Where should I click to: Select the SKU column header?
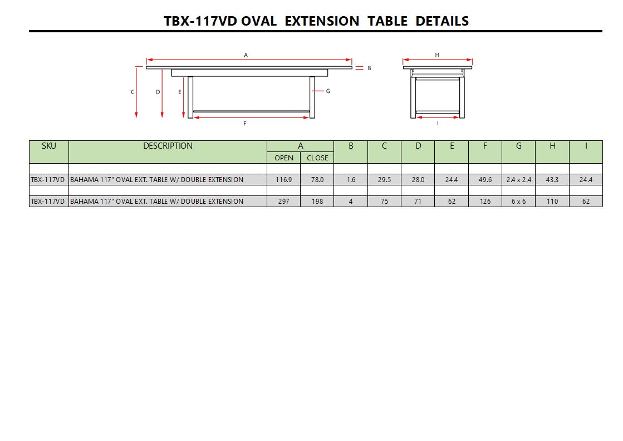tap(48, 146)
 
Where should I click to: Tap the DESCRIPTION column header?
tap(168, 146)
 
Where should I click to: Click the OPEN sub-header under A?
tap(283, 158)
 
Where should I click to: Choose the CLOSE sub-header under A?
tap(317, 158)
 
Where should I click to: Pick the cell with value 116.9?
tap(283, 180)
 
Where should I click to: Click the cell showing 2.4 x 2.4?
tap(518, 180)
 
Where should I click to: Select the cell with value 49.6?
tap(485, 180)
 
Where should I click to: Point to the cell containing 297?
tap(283, 202)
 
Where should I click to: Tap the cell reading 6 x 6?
tap(518, 202)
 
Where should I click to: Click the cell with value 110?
tap(552, 202)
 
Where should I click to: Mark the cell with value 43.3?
tap(552, 180)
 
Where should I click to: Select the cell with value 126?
tap(485, 202)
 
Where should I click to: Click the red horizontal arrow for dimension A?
tap(249, 60)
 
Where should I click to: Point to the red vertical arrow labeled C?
tap(136, 92)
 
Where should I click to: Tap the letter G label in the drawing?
tap(328, 91)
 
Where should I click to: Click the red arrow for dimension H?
tap(437, 60)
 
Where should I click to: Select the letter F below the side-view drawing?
tap(245, 124)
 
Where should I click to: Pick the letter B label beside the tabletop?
tap(369, 68)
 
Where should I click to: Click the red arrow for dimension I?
tap(438, 117)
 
